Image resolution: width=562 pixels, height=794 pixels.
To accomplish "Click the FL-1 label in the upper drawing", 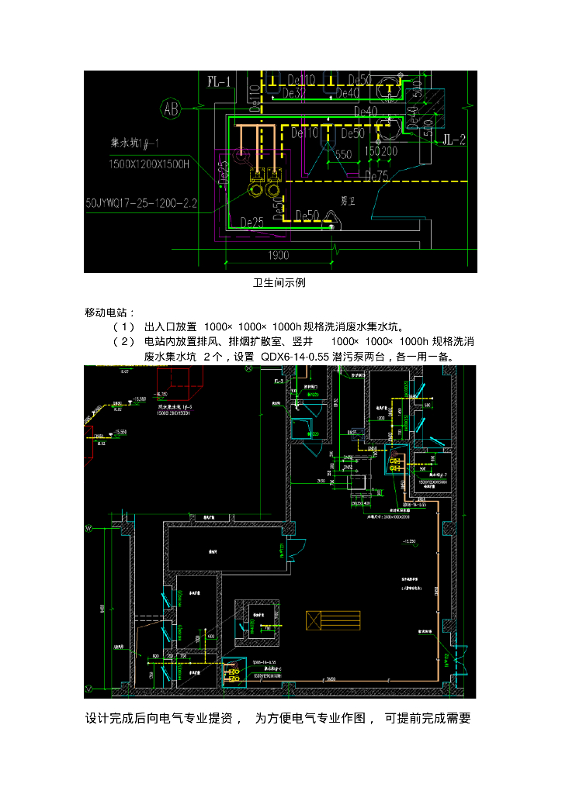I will coord(220,81).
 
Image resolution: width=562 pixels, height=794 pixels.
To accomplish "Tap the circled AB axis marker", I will coord(171,109).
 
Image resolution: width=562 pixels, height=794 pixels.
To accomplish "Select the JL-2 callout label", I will coord(453,140).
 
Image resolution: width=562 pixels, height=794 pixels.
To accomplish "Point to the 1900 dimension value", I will coord(279,255).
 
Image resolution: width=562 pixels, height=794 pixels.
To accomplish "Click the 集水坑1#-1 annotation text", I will coord(139,144).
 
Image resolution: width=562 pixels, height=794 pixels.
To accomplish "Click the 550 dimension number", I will coord(343,154).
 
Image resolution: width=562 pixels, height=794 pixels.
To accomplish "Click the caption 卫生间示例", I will coord(279,283).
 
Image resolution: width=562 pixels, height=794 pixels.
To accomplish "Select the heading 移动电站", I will coord(109,312).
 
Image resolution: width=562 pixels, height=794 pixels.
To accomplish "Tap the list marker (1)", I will coord(123,326).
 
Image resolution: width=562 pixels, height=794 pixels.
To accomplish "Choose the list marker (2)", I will coord(123,342).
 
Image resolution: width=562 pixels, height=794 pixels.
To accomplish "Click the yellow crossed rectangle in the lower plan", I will coord(334,620).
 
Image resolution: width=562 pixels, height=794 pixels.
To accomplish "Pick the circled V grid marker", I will coord(88,688).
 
